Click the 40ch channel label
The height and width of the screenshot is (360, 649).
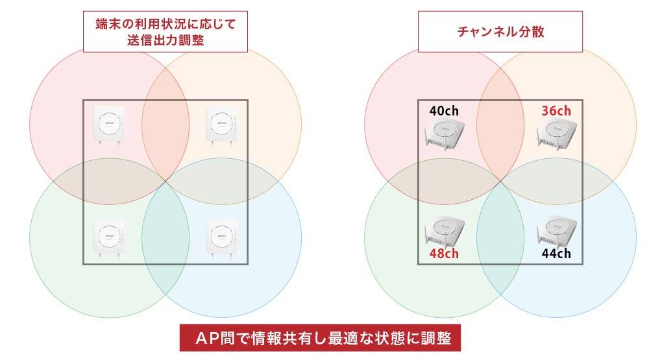coord(445,111)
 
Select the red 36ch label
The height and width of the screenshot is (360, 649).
coord(556,111)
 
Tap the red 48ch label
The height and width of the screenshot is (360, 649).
coord(444,254)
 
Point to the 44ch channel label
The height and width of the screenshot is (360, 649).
coord(556,254)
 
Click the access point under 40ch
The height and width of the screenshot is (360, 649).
coord(445,135)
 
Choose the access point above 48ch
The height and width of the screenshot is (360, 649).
coord(445,230)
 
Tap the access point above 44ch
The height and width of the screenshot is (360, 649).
coord(557,230)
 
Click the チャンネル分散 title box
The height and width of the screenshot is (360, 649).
coord(500,31)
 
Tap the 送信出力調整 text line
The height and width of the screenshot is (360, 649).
coord(165,40)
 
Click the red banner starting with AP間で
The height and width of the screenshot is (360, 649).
coord(320,338)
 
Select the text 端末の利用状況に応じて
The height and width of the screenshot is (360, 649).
coord(165,24)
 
